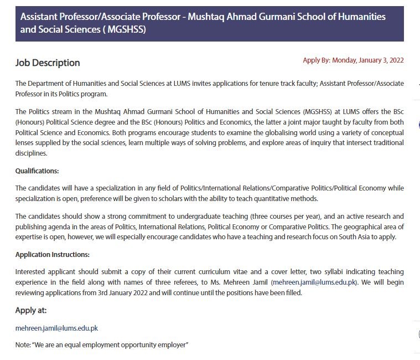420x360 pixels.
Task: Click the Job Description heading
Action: (x=48, y=63)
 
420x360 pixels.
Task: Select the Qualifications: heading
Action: (x=37, y=171)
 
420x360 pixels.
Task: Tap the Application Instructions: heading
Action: (x=53, y=254)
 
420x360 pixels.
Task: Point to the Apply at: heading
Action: (x=31, y=310)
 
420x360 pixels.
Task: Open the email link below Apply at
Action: (x=56, y=328)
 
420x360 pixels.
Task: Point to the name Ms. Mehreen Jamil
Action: (x=246, y=282)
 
